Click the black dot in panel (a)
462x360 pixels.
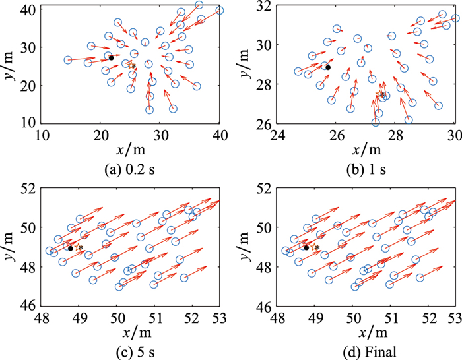(111, 58)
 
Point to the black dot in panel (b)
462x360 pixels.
(327, 67)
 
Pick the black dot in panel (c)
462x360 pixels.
(70, 248)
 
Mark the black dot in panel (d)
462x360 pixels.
(306, 247)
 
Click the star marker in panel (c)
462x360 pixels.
(80, 247)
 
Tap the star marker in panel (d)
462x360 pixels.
(316, 247)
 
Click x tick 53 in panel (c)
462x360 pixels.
(220, 319)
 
